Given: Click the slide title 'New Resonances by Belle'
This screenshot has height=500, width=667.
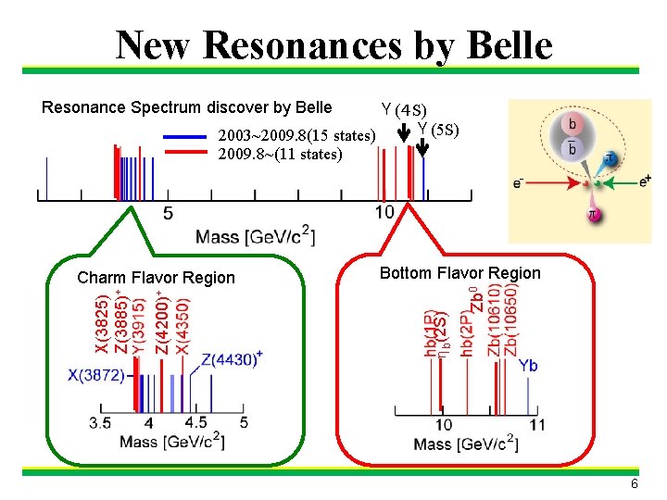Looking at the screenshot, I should coord(333,44).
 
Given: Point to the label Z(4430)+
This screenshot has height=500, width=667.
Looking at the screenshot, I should coord(232,359).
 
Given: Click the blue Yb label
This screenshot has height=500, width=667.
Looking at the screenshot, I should coord(527,366).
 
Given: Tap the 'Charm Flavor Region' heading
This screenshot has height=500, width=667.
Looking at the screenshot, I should coord(157,278).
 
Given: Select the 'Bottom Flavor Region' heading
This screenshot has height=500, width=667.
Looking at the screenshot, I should coord(460,273).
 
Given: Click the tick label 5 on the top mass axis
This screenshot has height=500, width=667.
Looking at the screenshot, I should coord(168,214).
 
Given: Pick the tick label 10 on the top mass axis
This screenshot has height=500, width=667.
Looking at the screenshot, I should coord(384,214).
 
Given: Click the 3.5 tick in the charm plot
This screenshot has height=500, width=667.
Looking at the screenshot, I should coord(101,423).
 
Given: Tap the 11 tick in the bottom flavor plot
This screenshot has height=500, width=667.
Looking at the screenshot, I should coord(536,425).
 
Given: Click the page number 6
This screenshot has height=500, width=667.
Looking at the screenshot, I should coord(635,484).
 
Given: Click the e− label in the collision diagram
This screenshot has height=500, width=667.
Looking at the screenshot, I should coord(523,182).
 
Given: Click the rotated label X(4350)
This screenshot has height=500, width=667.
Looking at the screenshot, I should coord(183,325).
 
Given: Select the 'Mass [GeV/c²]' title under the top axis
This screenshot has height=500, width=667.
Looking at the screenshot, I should coord(256,237).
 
